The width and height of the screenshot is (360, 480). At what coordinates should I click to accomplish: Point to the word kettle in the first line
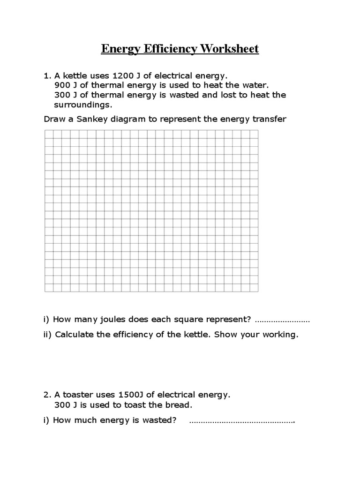pos(76,75)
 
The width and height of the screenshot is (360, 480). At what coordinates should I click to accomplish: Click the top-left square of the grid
pos(49,134)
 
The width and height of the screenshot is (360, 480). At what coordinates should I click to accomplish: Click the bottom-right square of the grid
pos(254,287)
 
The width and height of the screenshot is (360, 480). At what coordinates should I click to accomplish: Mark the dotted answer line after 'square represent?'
pos(282,321)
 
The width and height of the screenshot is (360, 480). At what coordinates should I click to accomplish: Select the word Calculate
pos(75,335)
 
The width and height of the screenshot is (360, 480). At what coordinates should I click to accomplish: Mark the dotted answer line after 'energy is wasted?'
pos(242,421)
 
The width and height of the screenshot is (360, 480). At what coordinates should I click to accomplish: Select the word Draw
pos(54,119)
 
